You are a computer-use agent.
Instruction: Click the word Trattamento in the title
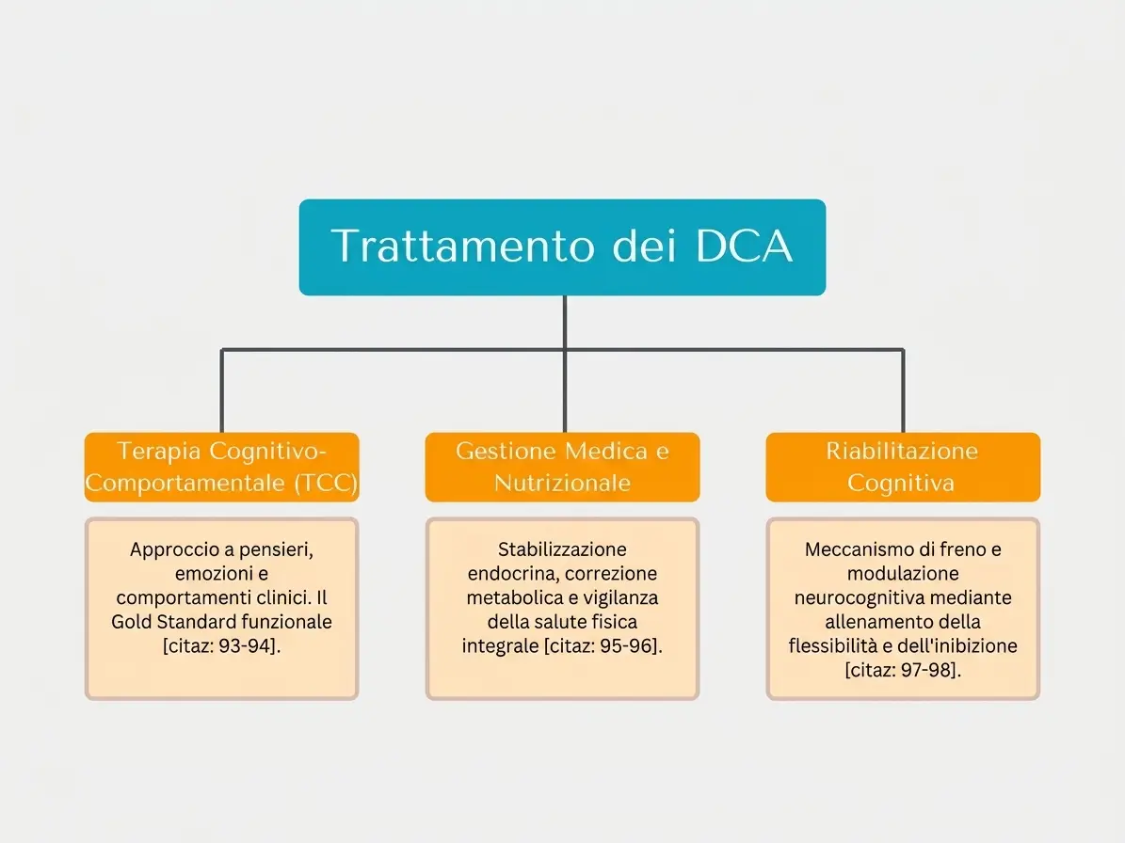463,246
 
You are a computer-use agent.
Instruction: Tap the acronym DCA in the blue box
744,246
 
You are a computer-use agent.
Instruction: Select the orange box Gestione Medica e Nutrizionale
563,467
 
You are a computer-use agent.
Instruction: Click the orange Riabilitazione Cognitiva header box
903,467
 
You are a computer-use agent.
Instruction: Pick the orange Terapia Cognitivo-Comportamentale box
221,467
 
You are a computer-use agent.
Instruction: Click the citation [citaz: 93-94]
221,645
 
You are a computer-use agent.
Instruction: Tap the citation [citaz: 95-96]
603,645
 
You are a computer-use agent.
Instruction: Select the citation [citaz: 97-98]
903,670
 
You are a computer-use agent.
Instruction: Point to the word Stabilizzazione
563,549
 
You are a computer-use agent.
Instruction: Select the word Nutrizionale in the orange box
563,484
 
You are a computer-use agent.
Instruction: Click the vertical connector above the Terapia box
221,390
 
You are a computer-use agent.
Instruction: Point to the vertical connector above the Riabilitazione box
903,390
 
